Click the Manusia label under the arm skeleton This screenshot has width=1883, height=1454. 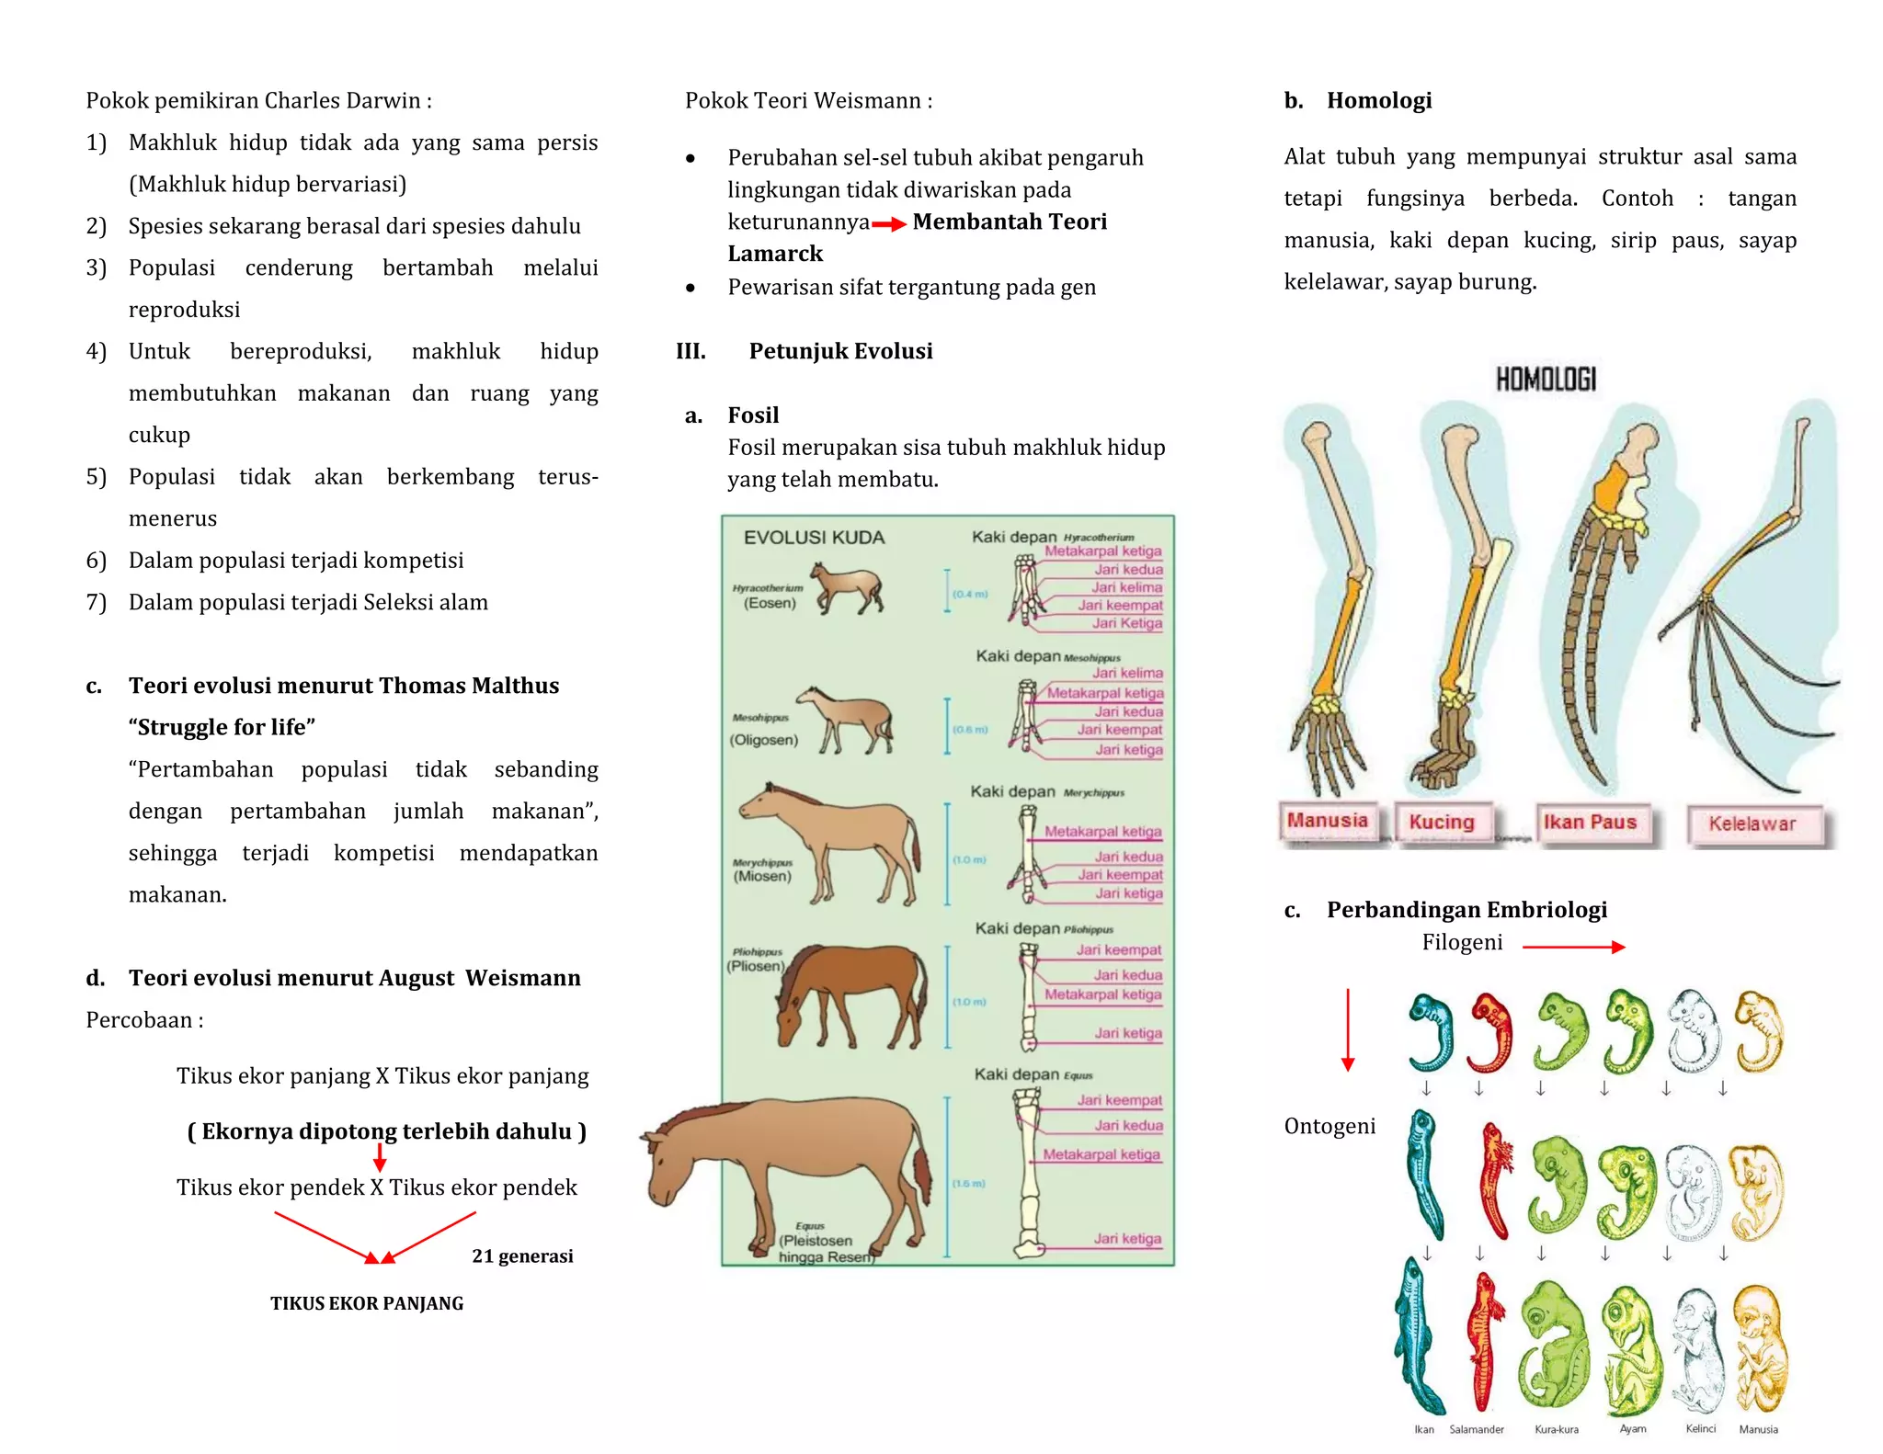tap(1327, 821)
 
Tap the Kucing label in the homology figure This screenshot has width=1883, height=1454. tap(1441, 823)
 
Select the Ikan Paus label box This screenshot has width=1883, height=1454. tap(1590, 823)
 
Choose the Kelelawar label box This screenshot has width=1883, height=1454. tap(1752, 824)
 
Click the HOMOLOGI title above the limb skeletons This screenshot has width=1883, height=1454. tap(1546, 379)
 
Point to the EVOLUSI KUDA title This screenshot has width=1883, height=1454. tap(814, 538)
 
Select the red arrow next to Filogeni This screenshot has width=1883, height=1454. tap(1573, 947)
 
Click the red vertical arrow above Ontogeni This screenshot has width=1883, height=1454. tap(1348, 1029)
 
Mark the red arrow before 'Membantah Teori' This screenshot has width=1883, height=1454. tap(889, 224)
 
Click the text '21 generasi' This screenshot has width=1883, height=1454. tap(522, 1256)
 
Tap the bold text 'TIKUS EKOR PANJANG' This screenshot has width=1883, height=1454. tap(367, 1303)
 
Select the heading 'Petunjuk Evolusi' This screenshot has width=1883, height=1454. tap(840, 351)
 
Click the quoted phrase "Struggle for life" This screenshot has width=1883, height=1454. tap(222, 727)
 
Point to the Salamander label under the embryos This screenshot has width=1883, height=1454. tap(1477, 1429)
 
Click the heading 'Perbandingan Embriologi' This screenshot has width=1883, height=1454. tap(1466, 910)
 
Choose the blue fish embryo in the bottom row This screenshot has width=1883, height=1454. tap(1418, 1337)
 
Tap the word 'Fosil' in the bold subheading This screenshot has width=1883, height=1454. tap(753, 415)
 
